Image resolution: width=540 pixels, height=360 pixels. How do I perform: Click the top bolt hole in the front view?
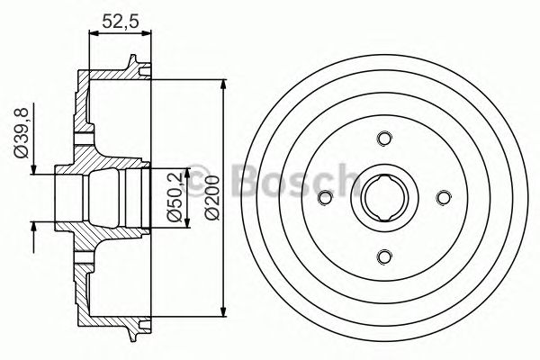(382, 138)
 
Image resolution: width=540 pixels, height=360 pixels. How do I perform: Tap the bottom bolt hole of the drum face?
(382, 257)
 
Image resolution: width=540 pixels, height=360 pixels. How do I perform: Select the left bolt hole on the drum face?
(323, 197)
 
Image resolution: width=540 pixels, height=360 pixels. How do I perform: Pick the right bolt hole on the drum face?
(443, 197)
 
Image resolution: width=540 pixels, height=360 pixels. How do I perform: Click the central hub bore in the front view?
(382, 197)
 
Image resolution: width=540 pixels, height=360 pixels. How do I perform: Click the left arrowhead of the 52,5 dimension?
(94, 33)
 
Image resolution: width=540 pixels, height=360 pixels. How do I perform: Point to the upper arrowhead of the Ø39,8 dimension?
(33, 170)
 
